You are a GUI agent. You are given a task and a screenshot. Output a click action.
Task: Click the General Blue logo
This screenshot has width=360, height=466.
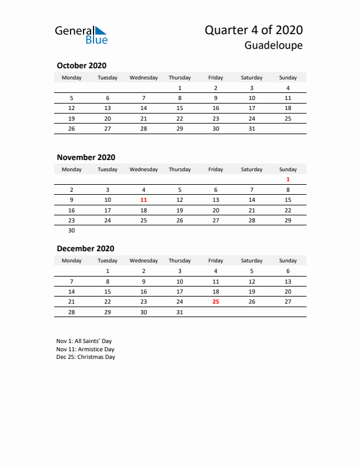[x=81, y=34]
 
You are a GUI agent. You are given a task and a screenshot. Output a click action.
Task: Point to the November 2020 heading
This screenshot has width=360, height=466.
[x=86, y=157]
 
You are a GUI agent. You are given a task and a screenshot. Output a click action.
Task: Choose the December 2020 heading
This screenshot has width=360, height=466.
[x=85, y=248]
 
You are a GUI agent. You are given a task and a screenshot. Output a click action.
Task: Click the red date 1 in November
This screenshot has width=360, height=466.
[x=288, y=179]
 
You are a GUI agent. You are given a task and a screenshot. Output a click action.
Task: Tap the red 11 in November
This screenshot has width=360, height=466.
[x=144, y=200]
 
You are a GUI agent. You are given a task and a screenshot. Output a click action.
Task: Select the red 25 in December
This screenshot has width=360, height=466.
[x=215, y=301]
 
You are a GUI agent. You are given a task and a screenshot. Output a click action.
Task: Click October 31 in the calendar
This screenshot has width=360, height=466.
[x=252, y=129]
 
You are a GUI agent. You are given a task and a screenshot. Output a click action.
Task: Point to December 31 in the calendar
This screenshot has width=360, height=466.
[x=179, y=312]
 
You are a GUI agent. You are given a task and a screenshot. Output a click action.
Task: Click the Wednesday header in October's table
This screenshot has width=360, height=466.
[x=144, y=77]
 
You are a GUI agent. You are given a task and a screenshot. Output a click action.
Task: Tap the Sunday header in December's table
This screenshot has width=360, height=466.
[x=288, y=260]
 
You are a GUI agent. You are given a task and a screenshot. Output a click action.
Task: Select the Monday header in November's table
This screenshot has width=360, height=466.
[x=72, y=169]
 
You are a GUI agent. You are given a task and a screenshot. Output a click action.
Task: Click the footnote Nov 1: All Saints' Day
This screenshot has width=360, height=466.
[x=84, y=341]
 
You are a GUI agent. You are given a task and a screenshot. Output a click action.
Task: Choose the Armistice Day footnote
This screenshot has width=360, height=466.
[x=85, y=349]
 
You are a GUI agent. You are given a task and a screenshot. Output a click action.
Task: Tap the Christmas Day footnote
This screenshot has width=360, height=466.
[x=86, y=357]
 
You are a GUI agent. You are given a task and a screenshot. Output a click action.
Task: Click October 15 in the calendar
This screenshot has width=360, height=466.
[x=179, y=108]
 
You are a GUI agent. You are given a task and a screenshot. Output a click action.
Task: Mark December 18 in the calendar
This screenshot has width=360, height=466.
[x=215, y=291]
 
